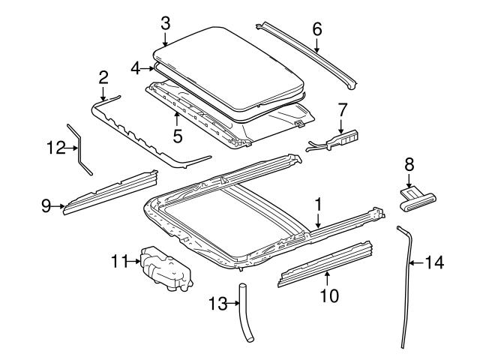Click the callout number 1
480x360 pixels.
click(x=318, y=203)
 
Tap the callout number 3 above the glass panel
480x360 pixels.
click(x=165, y=22)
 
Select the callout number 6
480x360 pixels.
click(x=316, y=29)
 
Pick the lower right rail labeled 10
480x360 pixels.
click(x=326, y=265)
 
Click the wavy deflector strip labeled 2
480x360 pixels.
click(x=150, y=139)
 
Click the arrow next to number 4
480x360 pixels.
click(x=151, y=67)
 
